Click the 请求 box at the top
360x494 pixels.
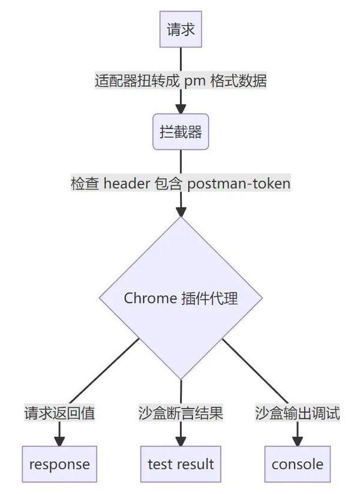[181, 29]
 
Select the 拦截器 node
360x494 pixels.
[181, 132]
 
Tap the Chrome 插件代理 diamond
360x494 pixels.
[181, 298]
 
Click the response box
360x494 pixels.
[59, 464]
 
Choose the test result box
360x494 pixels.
[181, 464]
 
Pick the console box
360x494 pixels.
[298, 464]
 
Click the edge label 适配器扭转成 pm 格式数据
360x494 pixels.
[181, 81]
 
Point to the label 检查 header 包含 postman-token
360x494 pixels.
[181, 184]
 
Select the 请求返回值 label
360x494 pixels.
[59, 413]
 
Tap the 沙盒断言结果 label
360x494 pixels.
[181, 413]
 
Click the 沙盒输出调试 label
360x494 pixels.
[298, 413]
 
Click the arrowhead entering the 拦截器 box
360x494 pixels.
[181, 109]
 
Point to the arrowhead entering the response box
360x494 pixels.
[59, 441]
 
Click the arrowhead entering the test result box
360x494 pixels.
[181, 441]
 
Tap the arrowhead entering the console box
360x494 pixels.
[298, 441]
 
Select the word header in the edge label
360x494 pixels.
[125, 184]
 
